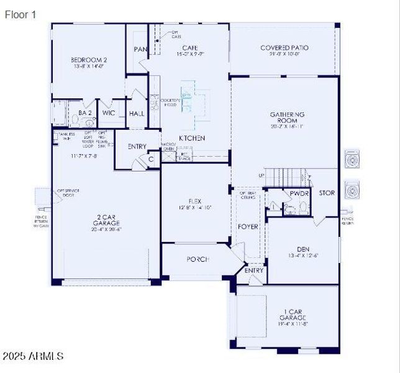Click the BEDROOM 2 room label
(x=89, y=60)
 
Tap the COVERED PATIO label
(x=284, y=48)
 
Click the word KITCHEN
(x=192, y=138)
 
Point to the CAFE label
(x=190, y=48)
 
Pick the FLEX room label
(x=195, y=201)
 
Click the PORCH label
(x=198, y=259)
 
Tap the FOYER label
(x=248, y=227)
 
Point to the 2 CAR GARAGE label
(x=106, y=219)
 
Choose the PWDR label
(x=299, y=193)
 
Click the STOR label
(x=327, y=193)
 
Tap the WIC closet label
(x=109, y=113)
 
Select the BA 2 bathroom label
(x=85, y=113)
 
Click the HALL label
(x=137, y=114)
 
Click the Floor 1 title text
(x=20, y=14)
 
